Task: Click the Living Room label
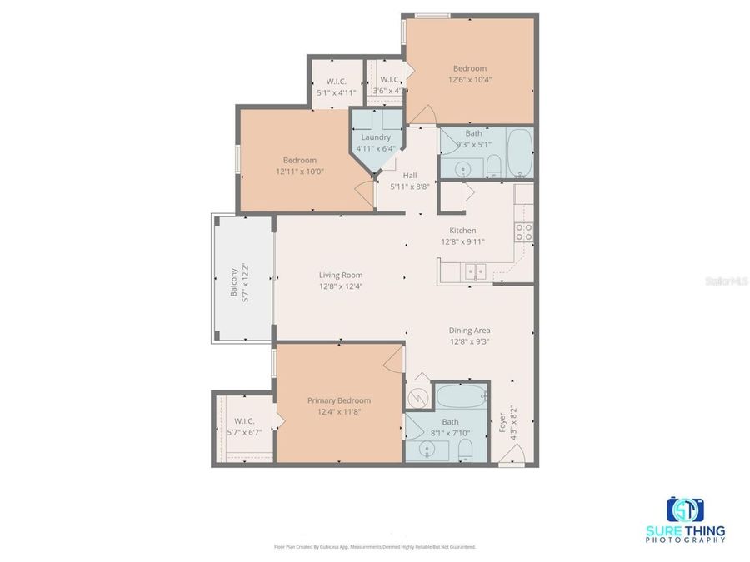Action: pyautogui.click(x=340, y=275)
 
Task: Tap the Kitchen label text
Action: pyautogui.click(x=462, y=231)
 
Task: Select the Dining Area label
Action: pyautogui.click(x=470, y=331)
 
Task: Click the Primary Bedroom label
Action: pyautogui.click(x=338, y=400)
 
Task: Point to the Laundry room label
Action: pyautogui.click(x=376, y=137)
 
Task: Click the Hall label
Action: pyautogui.click(x=410, y=176)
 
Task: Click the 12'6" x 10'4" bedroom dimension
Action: pyautogui.click(x=470, y=80)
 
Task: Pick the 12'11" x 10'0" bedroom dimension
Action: pyautogui.click(x=299, y=172)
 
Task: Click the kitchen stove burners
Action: pyautogui.click(x=524, y=232)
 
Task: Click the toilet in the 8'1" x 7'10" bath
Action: pyautogui.click(x=466, y=451)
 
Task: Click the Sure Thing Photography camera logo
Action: pyautogui.click(x=685, y=510)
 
